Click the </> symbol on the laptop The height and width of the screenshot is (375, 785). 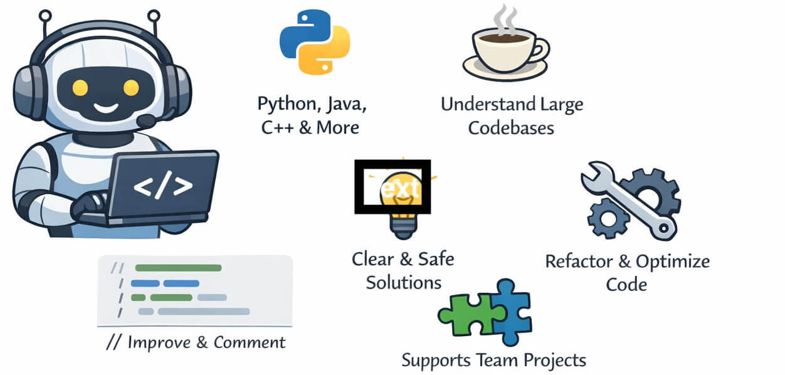pyautogui.click(x=162, y=186)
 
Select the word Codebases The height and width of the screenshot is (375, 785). pyautogui.click(x=511, y=128)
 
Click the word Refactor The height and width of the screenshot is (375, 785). pyautogui.click(x=581, y=261)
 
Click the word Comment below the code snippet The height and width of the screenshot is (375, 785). pyautogui.click(x=249, y=342)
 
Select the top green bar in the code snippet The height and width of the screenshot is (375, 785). pyautogui.click(x=178, y=268)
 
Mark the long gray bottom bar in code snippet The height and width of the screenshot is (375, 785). pyautogui.click(x=203, y=311)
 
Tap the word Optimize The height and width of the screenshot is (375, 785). pyautogui.click(x=673, y=261)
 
